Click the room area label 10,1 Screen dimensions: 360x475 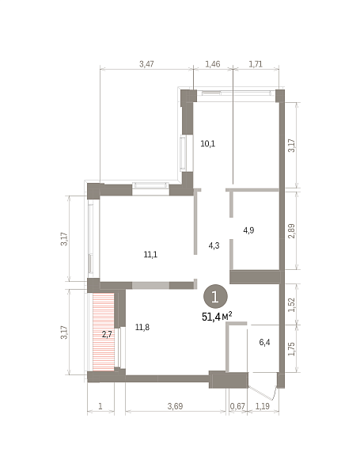click(208, 143)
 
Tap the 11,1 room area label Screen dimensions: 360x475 click(150, 255)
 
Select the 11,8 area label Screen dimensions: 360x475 click(142, 327)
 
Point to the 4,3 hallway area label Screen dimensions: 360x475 click(214, 245)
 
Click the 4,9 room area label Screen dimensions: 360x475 click(248, 230)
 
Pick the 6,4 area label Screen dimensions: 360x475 click(264, 342)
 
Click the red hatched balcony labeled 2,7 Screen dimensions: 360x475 click(104, 332)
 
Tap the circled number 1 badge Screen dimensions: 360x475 click(215, 297)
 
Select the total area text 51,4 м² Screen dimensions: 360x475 click(217, 317)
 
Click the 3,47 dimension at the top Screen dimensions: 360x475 click(146, 64)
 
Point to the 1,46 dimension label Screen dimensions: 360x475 click(213, 64)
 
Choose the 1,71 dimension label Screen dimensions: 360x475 click(256, 64)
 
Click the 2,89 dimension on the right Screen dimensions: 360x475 click(292, 231)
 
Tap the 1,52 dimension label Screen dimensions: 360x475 click(292, 305)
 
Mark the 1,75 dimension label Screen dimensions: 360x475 click(292, 349)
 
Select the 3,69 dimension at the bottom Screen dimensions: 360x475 click(176, 406)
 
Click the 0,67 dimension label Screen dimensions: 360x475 click(237, 406)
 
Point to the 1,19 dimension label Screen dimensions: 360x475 click(263, 406)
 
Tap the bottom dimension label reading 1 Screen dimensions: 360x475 click(100, 406)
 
